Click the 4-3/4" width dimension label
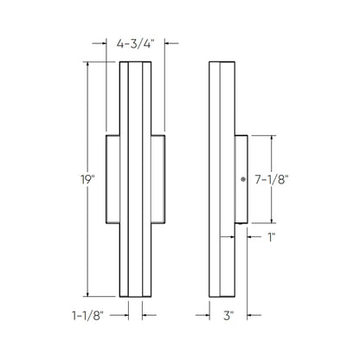pos(136,41)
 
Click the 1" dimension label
pos(271,235)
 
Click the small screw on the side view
pos(243,180)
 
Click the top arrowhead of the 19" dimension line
pos(88,63)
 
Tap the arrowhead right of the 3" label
pos(247,316)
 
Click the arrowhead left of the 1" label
pos(252,235)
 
